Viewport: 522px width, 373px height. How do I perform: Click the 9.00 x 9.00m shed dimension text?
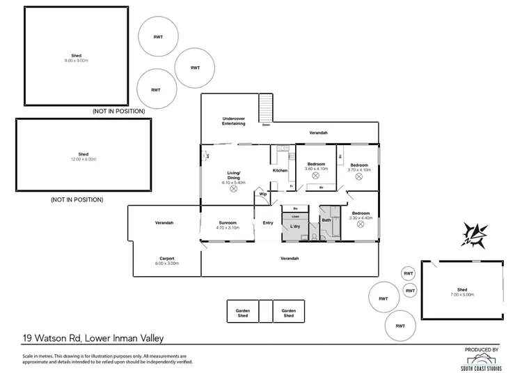(76, 60)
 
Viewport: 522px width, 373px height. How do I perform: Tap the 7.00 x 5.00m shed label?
(461, 295)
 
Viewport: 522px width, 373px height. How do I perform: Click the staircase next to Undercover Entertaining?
(266, 109)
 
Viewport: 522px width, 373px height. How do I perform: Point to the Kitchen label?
(280, 170)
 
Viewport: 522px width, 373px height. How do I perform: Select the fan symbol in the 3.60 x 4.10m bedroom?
(316, 176)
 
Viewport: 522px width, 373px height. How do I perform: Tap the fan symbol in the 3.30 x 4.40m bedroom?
(360, 224)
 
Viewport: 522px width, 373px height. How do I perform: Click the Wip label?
(263, 194)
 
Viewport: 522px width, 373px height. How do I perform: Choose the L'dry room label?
(295, 227)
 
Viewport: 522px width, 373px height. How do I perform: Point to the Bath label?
(326, 220)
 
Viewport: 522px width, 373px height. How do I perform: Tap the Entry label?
(268, 223)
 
